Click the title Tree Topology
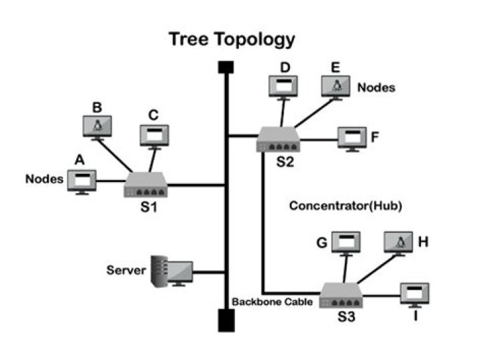pos(232,39)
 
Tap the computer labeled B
pos(97,125)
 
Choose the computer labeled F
pos(351,137)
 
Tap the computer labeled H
pos(400,242)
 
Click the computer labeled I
pos(414,294)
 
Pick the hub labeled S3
pos(341,295)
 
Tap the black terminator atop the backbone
pos(226,68)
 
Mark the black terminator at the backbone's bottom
pos(226,321)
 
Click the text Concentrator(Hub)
pos(345,206)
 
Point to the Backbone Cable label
pos(272,302)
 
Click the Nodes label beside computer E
pos(376,87)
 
